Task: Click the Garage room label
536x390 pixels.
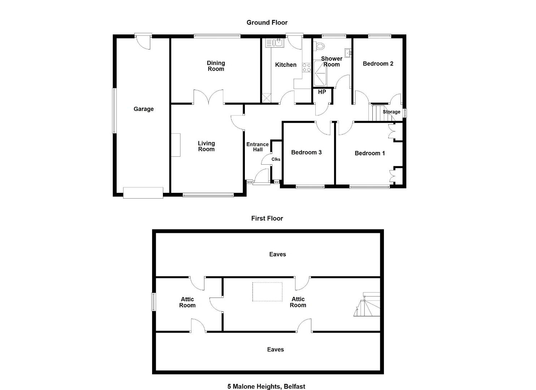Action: click(x=144, y=109)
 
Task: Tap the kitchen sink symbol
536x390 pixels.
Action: click(x=275, y=43)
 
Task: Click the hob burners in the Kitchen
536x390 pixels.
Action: click(x=307, y=68)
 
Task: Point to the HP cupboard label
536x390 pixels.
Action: click(x=322, y=92)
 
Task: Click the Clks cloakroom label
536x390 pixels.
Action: click(x=276, y=159)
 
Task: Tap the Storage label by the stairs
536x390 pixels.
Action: click(x=392, y=112)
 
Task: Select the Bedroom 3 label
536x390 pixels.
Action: click(x=306, y=152)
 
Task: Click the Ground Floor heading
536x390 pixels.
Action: click(x=267, y=22)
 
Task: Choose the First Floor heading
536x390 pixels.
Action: click(x=267, y=218)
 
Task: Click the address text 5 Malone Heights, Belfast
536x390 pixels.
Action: click(x=266, y=386)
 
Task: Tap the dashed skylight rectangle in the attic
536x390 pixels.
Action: click(x=267, y=292)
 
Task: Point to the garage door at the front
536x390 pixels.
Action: click(x=143, y=193)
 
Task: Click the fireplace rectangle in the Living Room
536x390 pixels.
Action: click(x=176, y=145)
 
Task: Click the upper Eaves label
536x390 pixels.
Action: click(x=277, y=254)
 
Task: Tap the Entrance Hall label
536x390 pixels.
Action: click(x=258, y=147)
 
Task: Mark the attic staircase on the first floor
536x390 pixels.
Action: click(x=367, y=304)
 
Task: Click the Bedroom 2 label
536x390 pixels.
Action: click(x=378, y=64)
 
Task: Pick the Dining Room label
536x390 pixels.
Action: click(x=216, y=66)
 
